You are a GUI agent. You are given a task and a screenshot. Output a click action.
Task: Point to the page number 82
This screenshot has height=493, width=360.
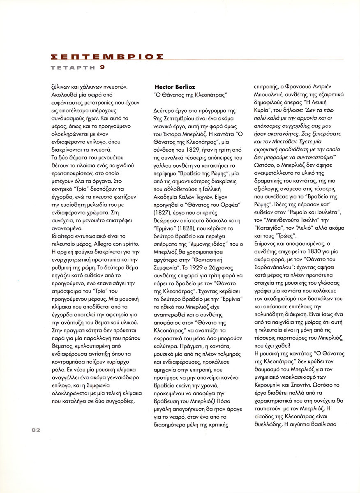point(35,430)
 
